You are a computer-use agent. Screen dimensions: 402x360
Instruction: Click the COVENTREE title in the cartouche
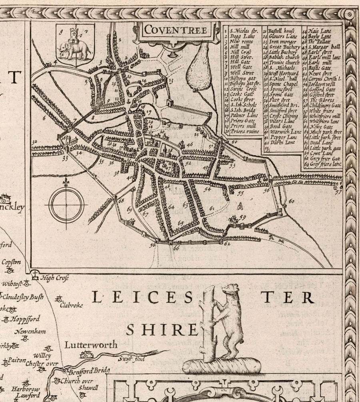(x=176, y=30)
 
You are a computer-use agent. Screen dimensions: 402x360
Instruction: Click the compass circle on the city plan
(x=66, y=205)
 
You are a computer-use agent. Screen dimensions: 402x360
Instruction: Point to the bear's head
(x=231, y=290)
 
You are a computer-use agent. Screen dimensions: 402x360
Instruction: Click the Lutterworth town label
(x=91, y=345)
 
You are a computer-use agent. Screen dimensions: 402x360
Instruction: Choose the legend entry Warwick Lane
(x=285, y=131)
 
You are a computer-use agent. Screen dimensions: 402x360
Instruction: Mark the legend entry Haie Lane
(x=319, y=31)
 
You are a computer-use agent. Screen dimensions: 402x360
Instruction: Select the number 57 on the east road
(x=338, y=192)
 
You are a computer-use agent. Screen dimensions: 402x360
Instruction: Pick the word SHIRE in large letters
(x=162, y=330)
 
